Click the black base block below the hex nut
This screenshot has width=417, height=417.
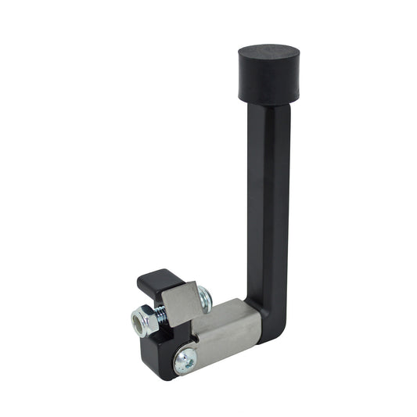pos(156,348)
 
